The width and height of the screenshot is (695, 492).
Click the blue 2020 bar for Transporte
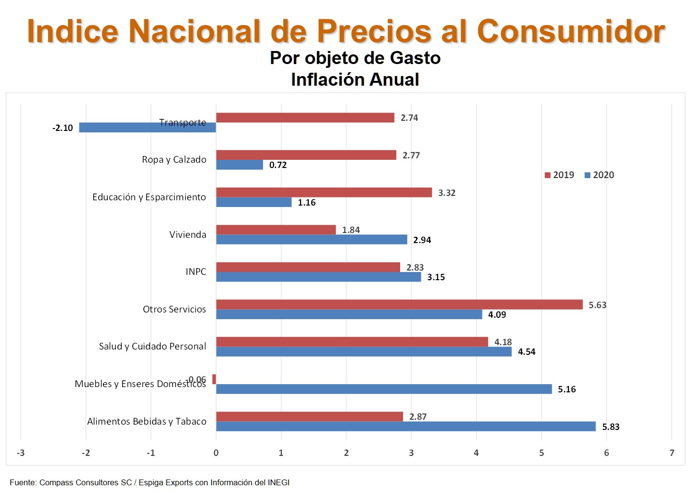point(147,128)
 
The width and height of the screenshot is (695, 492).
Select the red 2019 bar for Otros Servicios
point(399,304)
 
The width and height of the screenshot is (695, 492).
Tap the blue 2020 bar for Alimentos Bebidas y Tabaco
point(405,427)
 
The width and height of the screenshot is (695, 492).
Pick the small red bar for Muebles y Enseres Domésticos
point(214,379)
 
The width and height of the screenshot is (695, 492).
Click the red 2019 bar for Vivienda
point(276,230)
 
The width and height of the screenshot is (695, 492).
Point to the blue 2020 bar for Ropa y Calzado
point(240,165)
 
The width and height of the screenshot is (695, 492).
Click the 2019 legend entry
point(559,175)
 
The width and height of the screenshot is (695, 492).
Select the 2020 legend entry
point(599,175)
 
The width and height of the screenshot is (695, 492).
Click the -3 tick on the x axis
point(21,453)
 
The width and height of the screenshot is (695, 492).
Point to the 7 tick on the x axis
point(671,453)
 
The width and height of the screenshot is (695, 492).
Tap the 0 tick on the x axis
point(216,453)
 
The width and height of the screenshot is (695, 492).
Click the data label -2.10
point(63,128)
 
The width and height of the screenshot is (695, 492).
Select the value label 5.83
point(611,427)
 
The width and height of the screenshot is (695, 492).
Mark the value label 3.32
point(446,193)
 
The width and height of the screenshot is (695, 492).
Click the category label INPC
point(196,272)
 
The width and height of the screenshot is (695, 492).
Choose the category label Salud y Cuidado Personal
point(152,347)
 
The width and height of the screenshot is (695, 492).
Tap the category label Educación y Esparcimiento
point(149,197)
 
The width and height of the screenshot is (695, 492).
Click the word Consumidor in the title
point(571,32)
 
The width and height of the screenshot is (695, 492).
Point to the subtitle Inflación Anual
point(355,80)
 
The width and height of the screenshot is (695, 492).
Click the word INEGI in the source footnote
point(278,482)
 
